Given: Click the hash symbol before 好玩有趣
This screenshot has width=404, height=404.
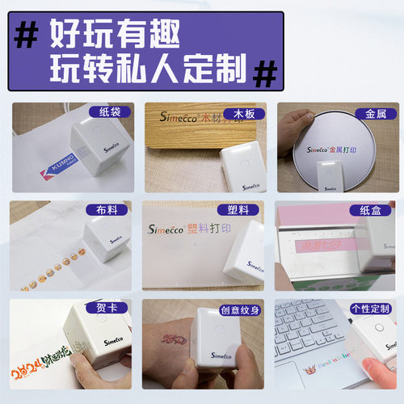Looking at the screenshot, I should pyautogui.click(x=29, y=34).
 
